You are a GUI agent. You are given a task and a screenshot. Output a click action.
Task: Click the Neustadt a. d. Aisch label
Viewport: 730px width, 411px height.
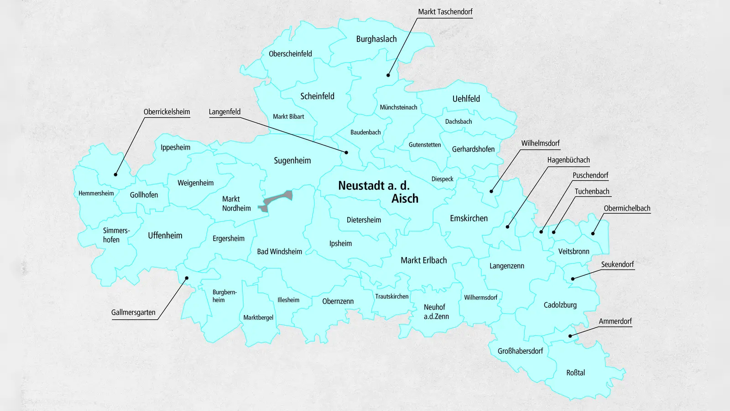click(x=378, y=192)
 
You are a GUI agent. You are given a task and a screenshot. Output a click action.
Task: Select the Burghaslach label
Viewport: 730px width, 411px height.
click(x=376, y=39)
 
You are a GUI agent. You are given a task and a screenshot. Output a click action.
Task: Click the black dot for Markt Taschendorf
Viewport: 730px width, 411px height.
click(x=388, y=75)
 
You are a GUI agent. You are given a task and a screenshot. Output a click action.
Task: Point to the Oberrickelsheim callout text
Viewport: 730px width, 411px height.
click(x=167, y=112)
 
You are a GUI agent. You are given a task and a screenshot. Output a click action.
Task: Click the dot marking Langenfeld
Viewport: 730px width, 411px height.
click(x=346, y=153)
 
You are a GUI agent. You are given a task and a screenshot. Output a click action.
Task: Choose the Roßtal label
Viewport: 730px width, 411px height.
click(x=575, y=373)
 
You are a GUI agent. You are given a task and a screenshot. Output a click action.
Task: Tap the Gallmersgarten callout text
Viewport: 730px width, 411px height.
click(x=133, y=312)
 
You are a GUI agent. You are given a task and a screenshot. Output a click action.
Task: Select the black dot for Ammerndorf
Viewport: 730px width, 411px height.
click(x=570, y=336)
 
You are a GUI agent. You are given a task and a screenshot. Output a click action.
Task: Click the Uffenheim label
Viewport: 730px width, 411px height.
click(x=165, y=236)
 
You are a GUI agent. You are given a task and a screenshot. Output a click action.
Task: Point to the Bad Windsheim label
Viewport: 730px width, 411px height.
click(x=279, y=252)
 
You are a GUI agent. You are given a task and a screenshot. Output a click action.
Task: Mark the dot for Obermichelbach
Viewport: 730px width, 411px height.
click(x=593, y=233)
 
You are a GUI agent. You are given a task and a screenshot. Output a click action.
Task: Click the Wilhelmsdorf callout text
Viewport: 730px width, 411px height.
click(x=540, y=143)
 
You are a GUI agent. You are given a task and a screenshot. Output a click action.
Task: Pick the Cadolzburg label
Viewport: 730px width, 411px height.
click(x=560, y=305)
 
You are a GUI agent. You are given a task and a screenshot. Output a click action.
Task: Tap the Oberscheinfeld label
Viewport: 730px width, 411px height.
click(x=290, y=54)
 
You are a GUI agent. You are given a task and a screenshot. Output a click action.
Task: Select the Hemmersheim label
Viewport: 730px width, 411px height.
click(x=96, y=193)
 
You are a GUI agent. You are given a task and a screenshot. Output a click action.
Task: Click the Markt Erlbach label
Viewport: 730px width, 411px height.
click(x=423, y=260)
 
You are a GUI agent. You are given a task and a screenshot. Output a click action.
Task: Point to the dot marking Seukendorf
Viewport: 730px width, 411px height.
click(x=573, y=279)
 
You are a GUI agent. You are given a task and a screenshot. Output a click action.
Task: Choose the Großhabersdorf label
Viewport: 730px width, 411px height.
click(x=520, y=351)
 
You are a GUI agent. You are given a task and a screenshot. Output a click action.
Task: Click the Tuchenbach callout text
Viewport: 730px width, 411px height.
click(x=592, y=191)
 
